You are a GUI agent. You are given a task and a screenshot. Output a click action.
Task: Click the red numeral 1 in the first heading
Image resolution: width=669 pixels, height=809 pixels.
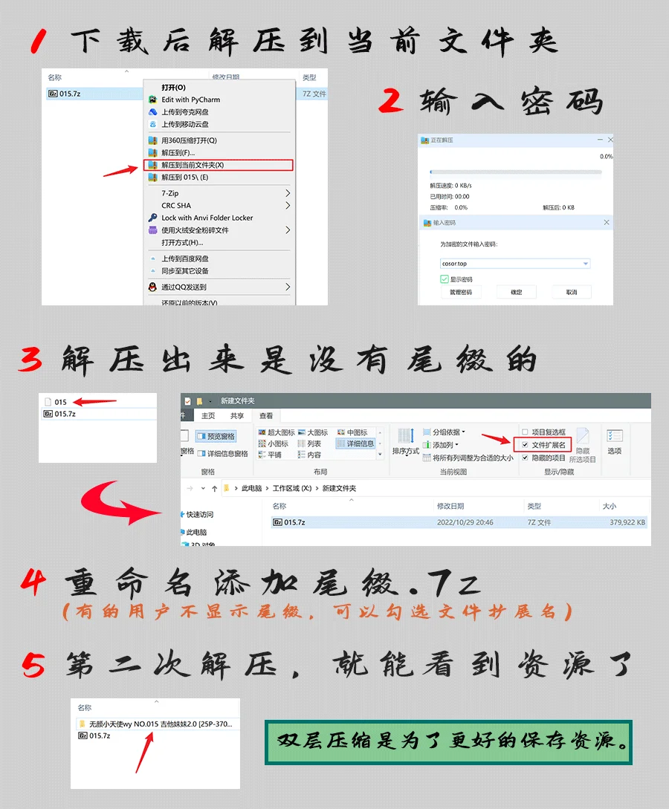(42, 42)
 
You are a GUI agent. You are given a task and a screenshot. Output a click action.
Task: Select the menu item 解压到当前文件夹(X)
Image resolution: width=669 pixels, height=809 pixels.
(193, 165)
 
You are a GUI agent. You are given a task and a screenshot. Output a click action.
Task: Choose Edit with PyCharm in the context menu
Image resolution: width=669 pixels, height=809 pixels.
(190, 100)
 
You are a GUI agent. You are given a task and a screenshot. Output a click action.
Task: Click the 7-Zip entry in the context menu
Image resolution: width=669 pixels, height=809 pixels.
(170, 193)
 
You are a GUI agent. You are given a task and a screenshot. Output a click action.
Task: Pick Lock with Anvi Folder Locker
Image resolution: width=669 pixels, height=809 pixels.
(207, 218)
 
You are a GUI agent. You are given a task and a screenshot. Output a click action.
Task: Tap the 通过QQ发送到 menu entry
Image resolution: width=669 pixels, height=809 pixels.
(184, 287)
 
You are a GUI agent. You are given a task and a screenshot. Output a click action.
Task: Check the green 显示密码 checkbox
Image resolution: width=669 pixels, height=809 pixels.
(445, 279)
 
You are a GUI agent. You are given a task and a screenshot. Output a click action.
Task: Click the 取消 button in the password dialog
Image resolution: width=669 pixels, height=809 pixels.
(571, 292)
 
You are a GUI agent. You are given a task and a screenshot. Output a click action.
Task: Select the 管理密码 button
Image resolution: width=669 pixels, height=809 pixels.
(461, 292)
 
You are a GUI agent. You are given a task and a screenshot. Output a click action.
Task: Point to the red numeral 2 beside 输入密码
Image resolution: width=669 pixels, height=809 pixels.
(391, 101)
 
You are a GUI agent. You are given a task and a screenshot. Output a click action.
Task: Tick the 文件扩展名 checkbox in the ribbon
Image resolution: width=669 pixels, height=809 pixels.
(526, 445)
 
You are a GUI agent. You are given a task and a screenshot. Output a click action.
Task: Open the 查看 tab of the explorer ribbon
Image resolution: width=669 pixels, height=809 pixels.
(266, 416)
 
